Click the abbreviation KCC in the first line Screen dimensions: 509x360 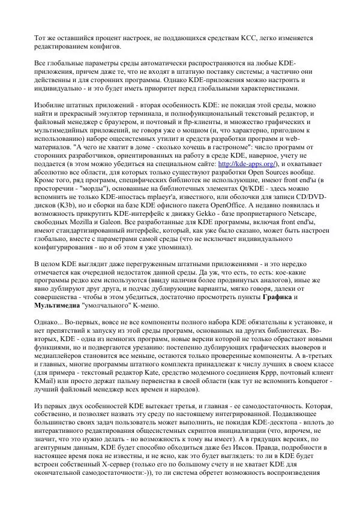click(254, 38)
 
